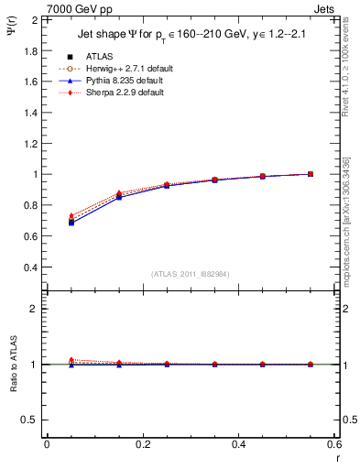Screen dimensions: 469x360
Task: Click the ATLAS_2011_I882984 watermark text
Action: point(190,274)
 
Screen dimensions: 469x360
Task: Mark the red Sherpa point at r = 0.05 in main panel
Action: point(71,216)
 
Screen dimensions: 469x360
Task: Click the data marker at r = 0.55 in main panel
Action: point(311,174)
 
